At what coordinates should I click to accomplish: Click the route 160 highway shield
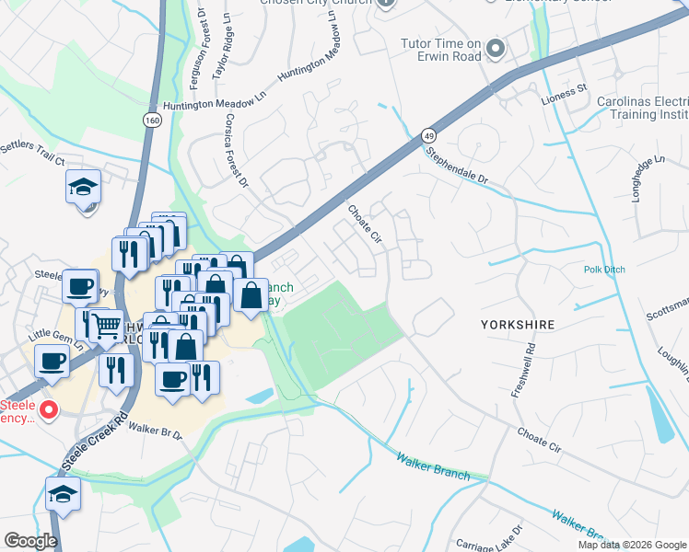tap(150, 120)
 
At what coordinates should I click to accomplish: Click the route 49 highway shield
tap(429, 135)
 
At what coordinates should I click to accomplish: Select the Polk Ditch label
tap(604, 270)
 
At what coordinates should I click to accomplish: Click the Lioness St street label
tap(568, 90)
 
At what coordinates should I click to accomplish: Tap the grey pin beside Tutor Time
tap(497, 49)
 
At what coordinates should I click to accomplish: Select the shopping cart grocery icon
tap(108, 324)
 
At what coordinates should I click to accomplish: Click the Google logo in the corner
tap(30, 541)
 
